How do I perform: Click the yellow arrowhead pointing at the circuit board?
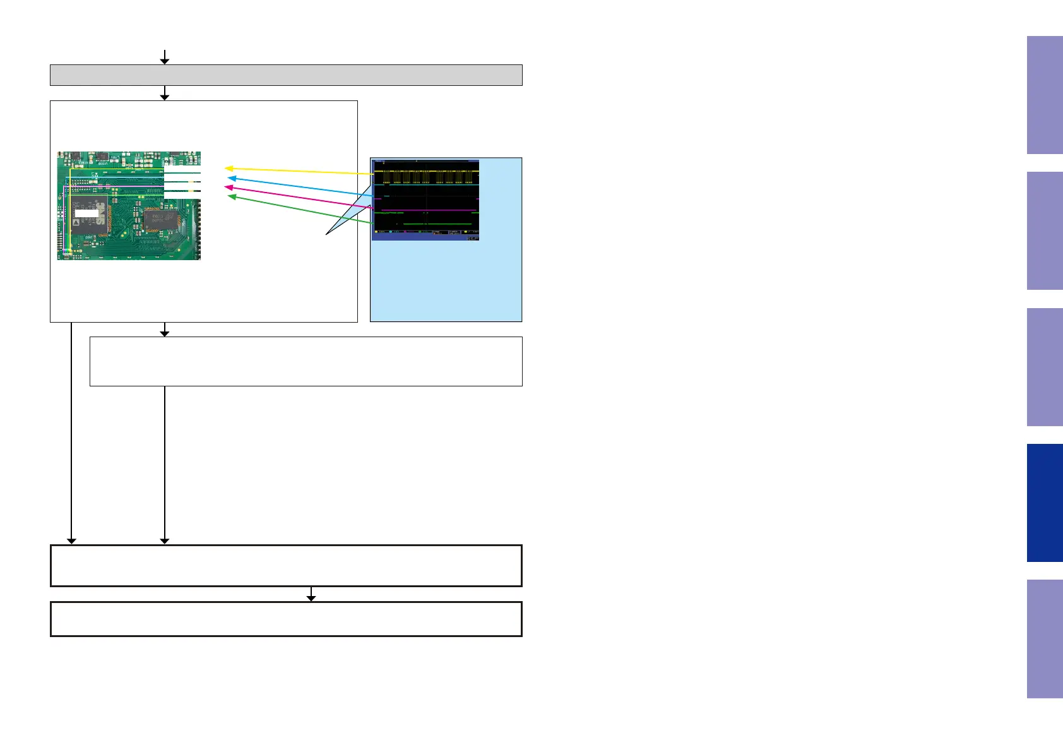click(x=229, y=169)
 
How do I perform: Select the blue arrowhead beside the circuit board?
click(x=231, y=179)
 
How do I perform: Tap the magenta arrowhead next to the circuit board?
click(x=229, y=188)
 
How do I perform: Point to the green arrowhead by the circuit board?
click(x=231, y=197)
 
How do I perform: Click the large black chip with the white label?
click(x=88, y=215)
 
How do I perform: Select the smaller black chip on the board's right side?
click(x=160, y=220)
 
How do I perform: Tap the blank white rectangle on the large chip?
click(x=86, y=213)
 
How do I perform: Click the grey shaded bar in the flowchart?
click(x=286, y=75)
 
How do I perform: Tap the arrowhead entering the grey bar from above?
click(x=165, y=61)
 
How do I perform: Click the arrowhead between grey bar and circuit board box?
click(x=165, y=97)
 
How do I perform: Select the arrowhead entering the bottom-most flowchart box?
click(x=311, y=598)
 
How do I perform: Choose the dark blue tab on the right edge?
click(x=1045, y=503)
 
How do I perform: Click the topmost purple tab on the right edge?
click(x=1045, y=95)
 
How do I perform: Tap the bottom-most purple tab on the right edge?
click(x=1045, y=638)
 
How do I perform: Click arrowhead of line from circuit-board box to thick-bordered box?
click(x=72, y=540)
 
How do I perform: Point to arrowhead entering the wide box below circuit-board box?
click(x=165, y=333)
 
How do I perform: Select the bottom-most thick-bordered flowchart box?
click(x=286, y=619)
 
